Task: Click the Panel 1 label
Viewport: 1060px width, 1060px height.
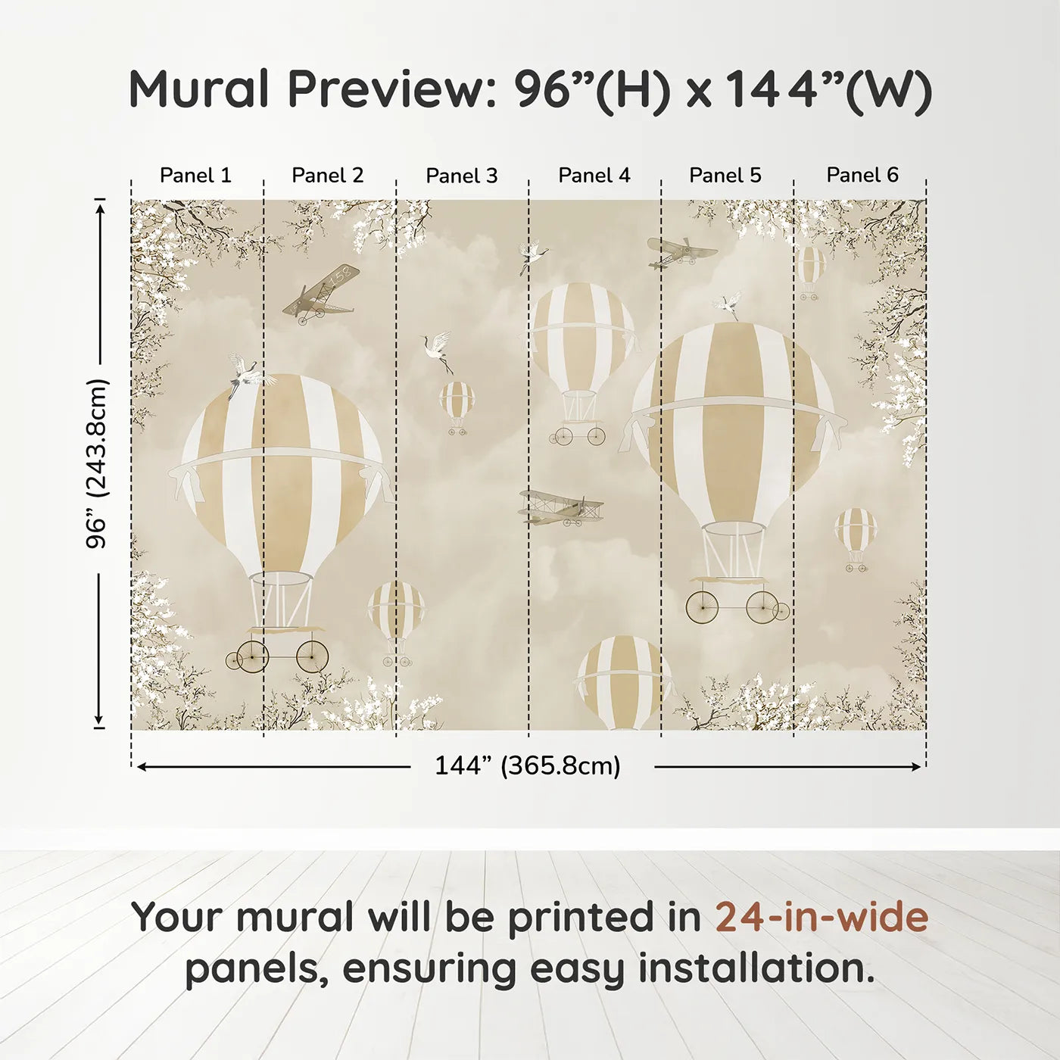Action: click(x=195, y=176)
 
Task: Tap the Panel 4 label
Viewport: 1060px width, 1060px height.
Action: click(x=594, y=176)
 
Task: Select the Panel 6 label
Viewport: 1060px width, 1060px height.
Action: click(x=862, y=176)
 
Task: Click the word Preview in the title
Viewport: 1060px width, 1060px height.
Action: click(x=391, y=89)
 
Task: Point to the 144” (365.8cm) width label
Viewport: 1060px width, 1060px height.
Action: click(x=527, y=766)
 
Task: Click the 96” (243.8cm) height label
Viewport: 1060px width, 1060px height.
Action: click(x=98, y=463)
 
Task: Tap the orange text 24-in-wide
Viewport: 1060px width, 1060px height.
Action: click(x=821, y=917)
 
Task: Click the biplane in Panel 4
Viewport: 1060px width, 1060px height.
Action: click(x=561, y=507)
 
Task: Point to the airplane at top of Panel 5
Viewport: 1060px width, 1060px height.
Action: click(x=681, y=253)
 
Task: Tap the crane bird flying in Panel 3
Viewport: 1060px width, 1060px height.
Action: click(x=438, y=351)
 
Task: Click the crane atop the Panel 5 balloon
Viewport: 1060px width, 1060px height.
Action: click(x=728, y=305)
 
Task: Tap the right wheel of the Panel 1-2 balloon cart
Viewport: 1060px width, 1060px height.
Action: click(x=312, y=656)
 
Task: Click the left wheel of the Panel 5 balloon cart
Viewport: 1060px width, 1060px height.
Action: click(x=703, y=606)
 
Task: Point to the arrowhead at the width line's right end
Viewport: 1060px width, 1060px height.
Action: click(x=918, y=767)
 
